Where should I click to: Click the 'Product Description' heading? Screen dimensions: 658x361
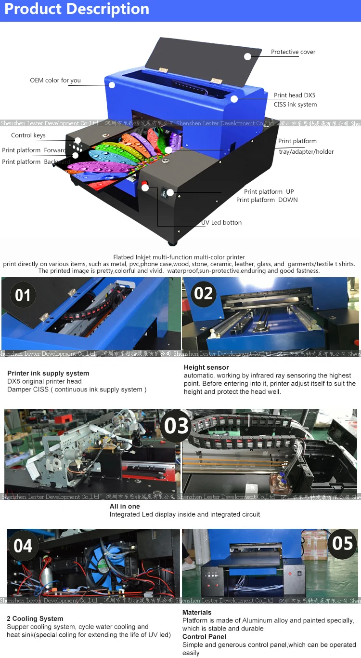[77, 9]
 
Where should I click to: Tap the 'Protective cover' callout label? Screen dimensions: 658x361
[293, 52]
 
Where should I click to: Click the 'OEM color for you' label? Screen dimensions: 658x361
[55, 81]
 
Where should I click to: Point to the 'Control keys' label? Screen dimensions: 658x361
[28, 135]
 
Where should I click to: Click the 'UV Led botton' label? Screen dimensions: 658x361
[221, 223]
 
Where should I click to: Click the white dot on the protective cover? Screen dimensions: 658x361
[247, 56]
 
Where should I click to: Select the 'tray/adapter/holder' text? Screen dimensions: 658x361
[306, 152]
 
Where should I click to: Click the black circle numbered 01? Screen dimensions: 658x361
[23, 295]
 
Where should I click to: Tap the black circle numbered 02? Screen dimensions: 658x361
[203, 293]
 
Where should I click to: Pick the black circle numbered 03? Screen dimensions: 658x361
[176, 426]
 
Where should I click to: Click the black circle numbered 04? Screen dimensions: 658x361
[23, 546]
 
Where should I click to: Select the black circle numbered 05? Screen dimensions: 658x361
[342, 543]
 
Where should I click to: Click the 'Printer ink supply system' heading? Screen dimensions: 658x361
[48, 373]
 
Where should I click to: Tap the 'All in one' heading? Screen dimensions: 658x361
[125, 506]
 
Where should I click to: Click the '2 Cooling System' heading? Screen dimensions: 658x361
[35, 618]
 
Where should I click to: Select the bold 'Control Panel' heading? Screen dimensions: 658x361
[204, 637]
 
